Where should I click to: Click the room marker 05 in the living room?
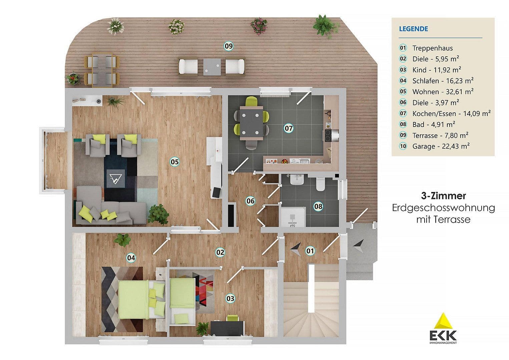[x=175, y=162]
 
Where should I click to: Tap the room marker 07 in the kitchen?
[x=289, y=128]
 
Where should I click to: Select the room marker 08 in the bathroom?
[x=319, y=206]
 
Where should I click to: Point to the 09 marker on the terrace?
[x=228, y=46]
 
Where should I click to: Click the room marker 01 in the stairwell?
[x=310, y=250]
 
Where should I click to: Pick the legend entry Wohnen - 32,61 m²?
[x=443, y=92]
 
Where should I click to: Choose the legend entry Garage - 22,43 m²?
[x=441, y=146]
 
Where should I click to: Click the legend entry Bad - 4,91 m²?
[x=434, y=124]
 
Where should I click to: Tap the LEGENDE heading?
[x=413, y=29]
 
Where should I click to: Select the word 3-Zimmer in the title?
[x=443, y=196]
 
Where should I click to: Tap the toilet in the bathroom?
[x=320, y=184]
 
